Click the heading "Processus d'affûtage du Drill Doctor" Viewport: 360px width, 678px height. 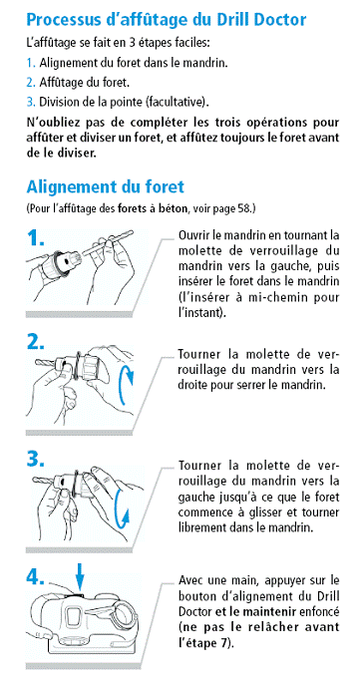[167, 20]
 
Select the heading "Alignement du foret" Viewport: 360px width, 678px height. [105, 186]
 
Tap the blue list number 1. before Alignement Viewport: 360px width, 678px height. [30, 63]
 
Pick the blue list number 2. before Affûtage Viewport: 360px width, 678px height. [31, 83]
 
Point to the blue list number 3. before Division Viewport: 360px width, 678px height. [31, 102]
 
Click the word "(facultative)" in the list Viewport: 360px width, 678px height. [177, 103]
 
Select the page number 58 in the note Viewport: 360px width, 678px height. [244, 209]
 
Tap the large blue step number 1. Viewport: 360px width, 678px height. [39, 238]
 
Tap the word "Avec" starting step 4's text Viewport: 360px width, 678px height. [188, 580]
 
